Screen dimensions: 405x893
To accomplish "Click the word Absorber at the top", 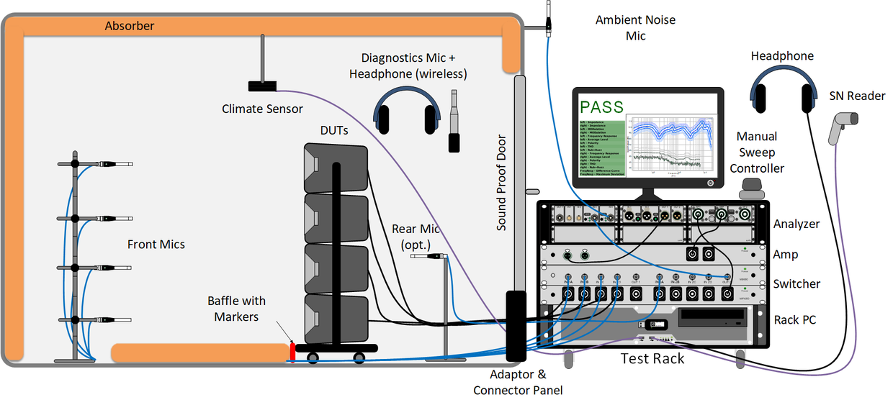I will pyautogui.click(x=130, y=26).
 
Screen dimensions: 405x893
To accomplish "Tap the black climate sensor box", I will pyautogui.click(x=262, y=86).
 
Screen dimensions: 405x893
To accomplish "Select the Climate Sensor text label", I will pyautogui.click(x=262, y=109).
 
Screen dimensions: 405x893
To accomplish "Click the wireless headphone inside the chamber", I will pyautogui.click(x=408, y=112).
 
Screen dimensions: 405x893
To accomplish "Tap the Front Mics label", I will pyautogui.click(x=156, y=245).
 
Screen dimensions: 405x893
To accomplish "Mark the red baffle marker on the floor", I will pyautogui.click(x=293, y=352).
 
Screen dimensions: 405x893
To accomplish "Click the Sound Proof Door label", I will pyautogui.click(x=502, y=183).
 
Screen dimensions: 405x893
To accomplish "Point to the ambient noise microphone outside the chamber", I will pyautogui.click(x=548, y=17).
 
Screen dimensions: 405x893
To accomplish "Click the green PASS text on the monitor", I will pyautogui.click(x=602, y=109).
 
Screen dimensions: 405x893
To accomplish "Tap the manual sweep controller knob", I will pyautogui.click(x=752, y=188).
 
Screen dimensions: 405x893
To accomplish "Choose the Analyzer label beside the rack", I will pyautogui.click(x=796, y=224).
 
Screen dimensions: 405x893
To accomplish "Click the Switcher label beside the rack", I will pyautogui.click(x=796, y=284).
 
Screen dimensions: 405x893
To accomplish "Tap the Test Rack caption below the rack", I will pyautogui.click(x=652, y=358).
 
